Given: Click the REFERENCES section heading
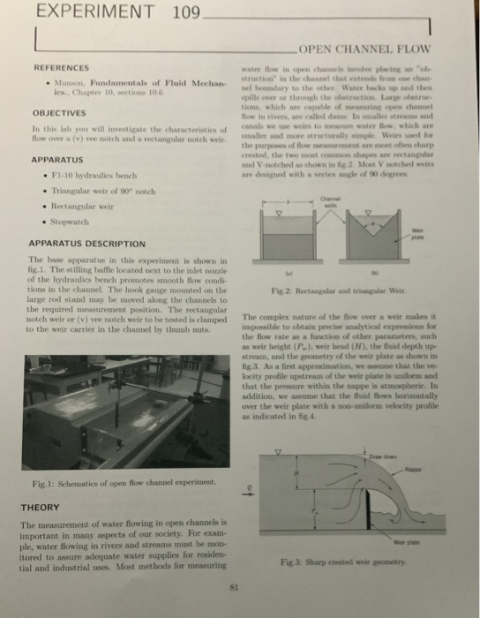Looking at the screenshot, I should click(x=61, y=68).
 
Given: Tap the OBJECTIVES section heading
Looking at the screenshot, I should click(x=58, y=112).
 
